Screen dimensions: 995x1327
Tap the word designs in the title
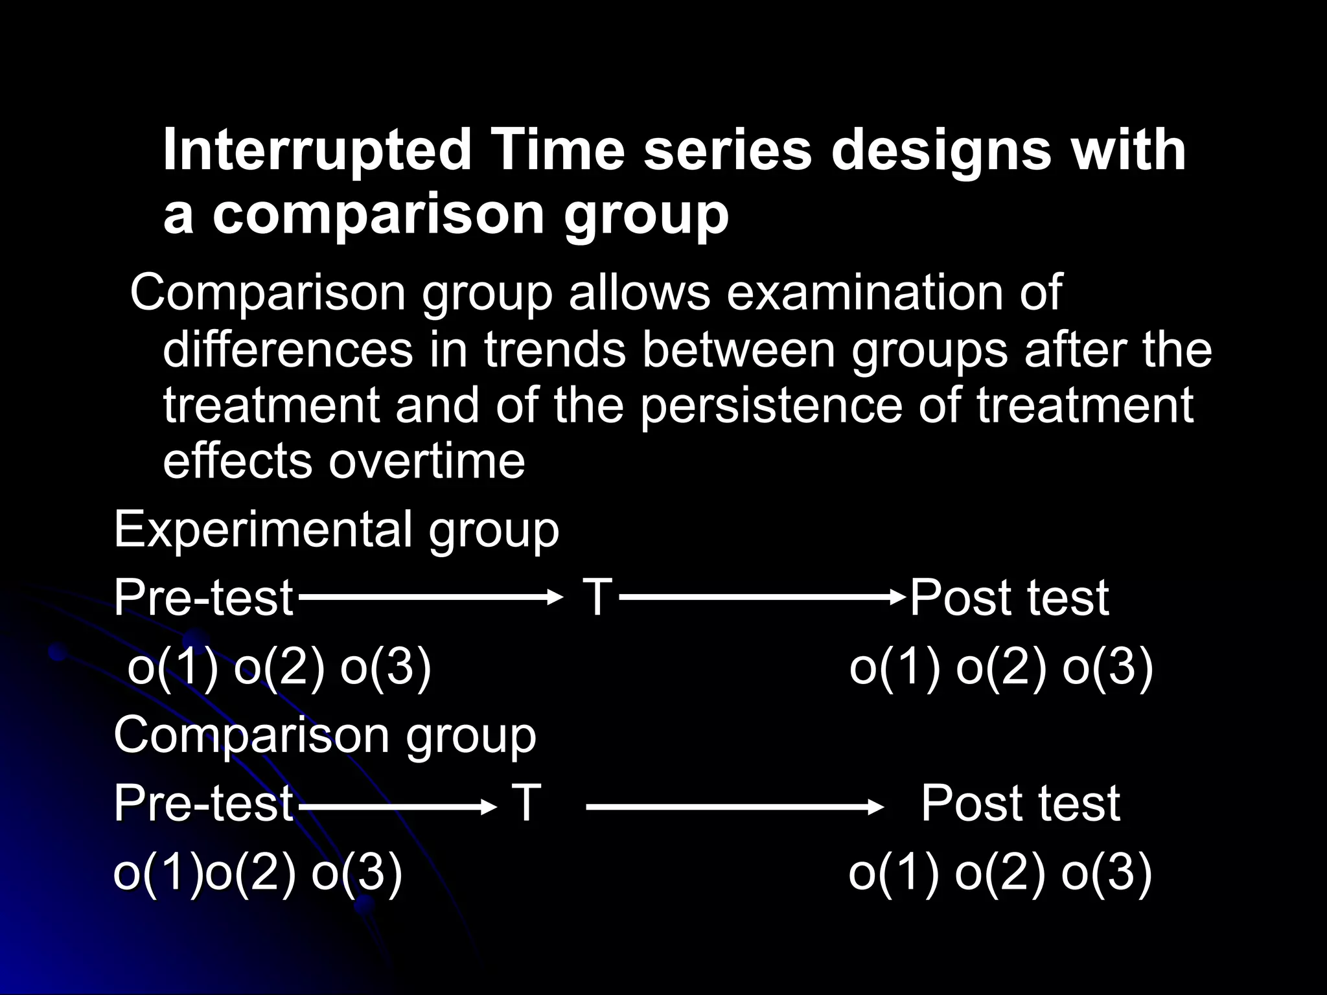click(940, 150)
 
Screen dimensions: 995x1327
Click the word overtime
click(427, 462)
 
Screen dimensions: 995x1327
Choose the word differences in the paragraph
click(288, 350)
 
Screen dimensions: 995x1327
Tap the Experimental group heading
click(336, 530)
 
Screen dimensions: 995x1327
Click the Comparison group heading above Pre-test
click(325, 736)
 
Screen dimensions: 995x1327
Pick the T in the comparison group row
click(526, 803)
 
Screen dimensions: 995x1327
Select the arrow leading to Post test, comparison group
click(734, 806)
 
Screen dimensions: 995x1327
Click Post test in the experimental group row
click(1010, 597)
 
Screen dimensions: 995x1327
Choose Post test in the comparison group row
click(1021, 803)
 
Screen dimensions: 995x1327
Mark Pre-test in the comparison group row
click(203, 803)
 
